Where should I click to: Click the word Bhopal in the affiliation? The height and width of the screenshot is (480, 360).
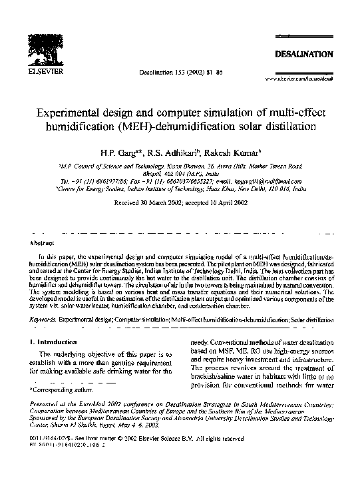(x=136, y=171)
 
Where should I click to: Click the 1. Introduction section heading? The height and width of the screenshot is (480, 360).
(x=52, y=342)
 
